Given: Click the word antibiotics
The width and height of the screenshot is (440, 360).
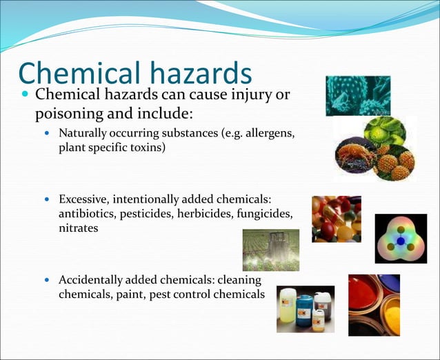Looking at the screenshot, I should tap(88, 214).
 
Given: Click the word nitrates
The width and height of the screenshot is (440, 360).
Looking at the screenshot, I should tap(78, 228).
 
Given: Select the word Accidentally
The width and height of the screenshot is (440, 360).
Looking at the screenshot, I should tap(90, 280).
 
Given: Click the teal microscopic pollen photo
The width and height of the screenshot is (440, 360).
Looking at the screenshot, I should tap(358, 96).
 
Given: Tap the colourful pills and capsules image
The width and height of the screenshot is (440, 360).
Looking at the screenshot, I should tap(336, 219).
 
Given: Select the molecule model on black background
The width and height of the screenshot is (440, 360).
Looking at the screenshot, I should tap(401, 239).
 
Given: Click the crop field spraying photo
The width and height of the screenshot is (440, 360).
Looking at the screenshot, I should tap(271, 250).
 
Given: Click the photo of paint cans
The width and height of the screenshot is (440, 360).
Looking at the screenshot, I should tap(374, 305).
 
